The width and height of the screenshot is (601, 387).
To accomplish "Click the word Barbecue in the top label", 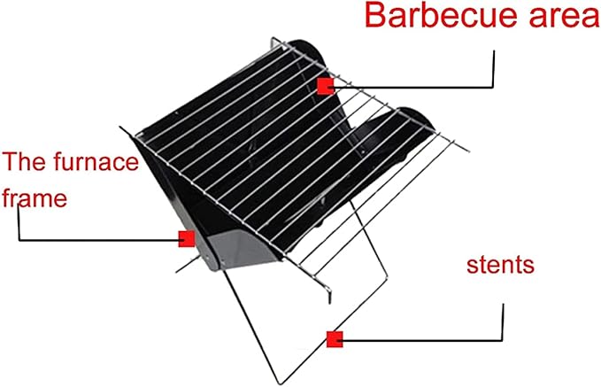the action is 442,15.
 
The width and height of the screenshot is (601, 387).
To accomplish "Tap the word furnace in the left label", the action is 96,161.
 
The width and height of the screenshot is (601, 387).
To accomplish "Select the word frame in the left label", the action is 35,197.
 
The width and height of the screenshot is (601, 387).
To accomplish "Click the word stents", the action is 500,265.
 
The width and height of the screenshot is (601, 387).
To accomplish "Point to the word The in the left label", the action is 25,161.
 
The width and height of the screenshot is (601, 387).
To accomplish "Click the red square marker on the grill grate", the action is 326,86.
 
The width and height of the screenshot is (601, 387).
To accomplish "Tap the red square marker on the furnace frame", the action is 187,239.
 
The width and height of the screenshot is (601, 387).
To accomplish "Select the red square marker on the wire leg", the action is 335,339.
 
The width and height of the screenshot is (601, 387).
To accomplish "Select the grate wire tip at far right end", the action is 467,151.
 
